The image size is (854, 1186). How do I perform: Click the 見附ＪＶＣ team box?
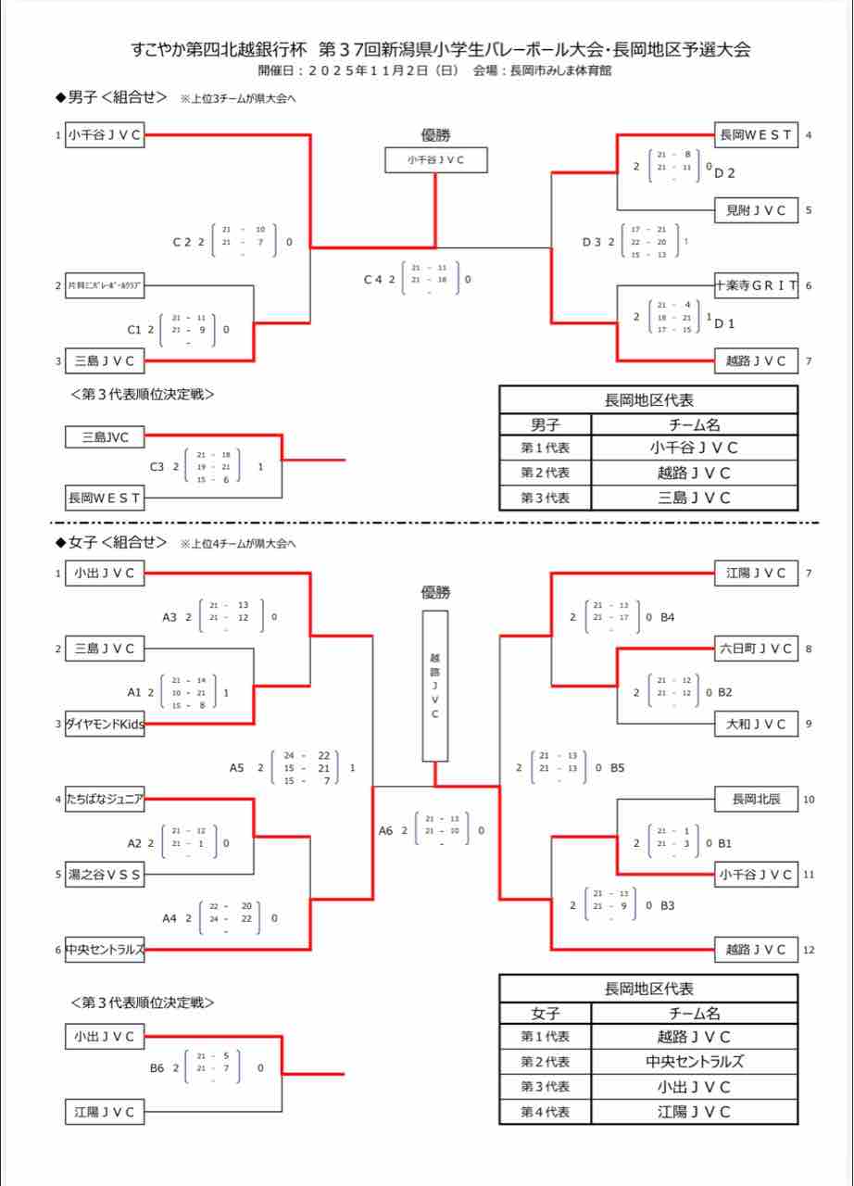(756, 210)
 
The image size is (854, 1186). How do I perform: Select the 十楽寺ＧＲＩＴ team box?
(756, 285)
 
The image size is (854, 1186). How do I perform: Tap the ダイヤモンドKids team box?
(105, 725)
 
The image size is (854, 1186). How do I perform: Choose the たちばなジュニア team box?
(105, 799)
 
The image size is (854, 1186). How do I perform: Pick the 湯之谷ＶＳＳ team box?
(105, 874)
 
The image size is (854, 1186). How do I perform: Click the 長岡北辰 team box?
(756, 799)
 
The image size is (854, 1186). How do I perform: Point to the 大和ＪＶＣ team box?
(756, 724)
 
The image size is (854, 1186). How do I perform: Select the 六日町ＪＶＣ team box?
(756, 649)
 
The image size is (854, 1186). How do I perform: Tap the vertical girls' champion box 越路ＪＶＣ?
(435, 685)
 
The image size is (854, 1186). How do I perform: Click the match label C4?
(372, 279)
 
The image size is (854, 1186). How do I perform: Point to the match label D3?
(592, 242)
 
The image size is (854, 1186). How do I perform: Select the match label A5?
(238, 767)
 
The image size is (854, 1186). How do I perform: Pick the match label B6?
(157, 1067)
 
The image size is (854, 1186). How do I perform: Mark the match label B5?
(618, 767)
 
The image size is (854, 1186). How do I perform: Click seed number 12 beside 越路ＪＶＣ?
(809, 950)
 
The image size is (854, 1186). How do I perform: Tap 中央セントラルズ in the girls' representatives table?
(694, 1062)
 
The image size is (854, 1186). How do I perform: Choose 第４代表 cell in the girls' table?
(545, 1112)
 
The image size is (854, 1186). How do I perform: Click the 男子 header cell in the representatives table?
(545, 424)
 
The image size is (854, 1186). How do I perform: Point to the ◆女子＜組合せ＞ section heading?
(111, 542)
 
